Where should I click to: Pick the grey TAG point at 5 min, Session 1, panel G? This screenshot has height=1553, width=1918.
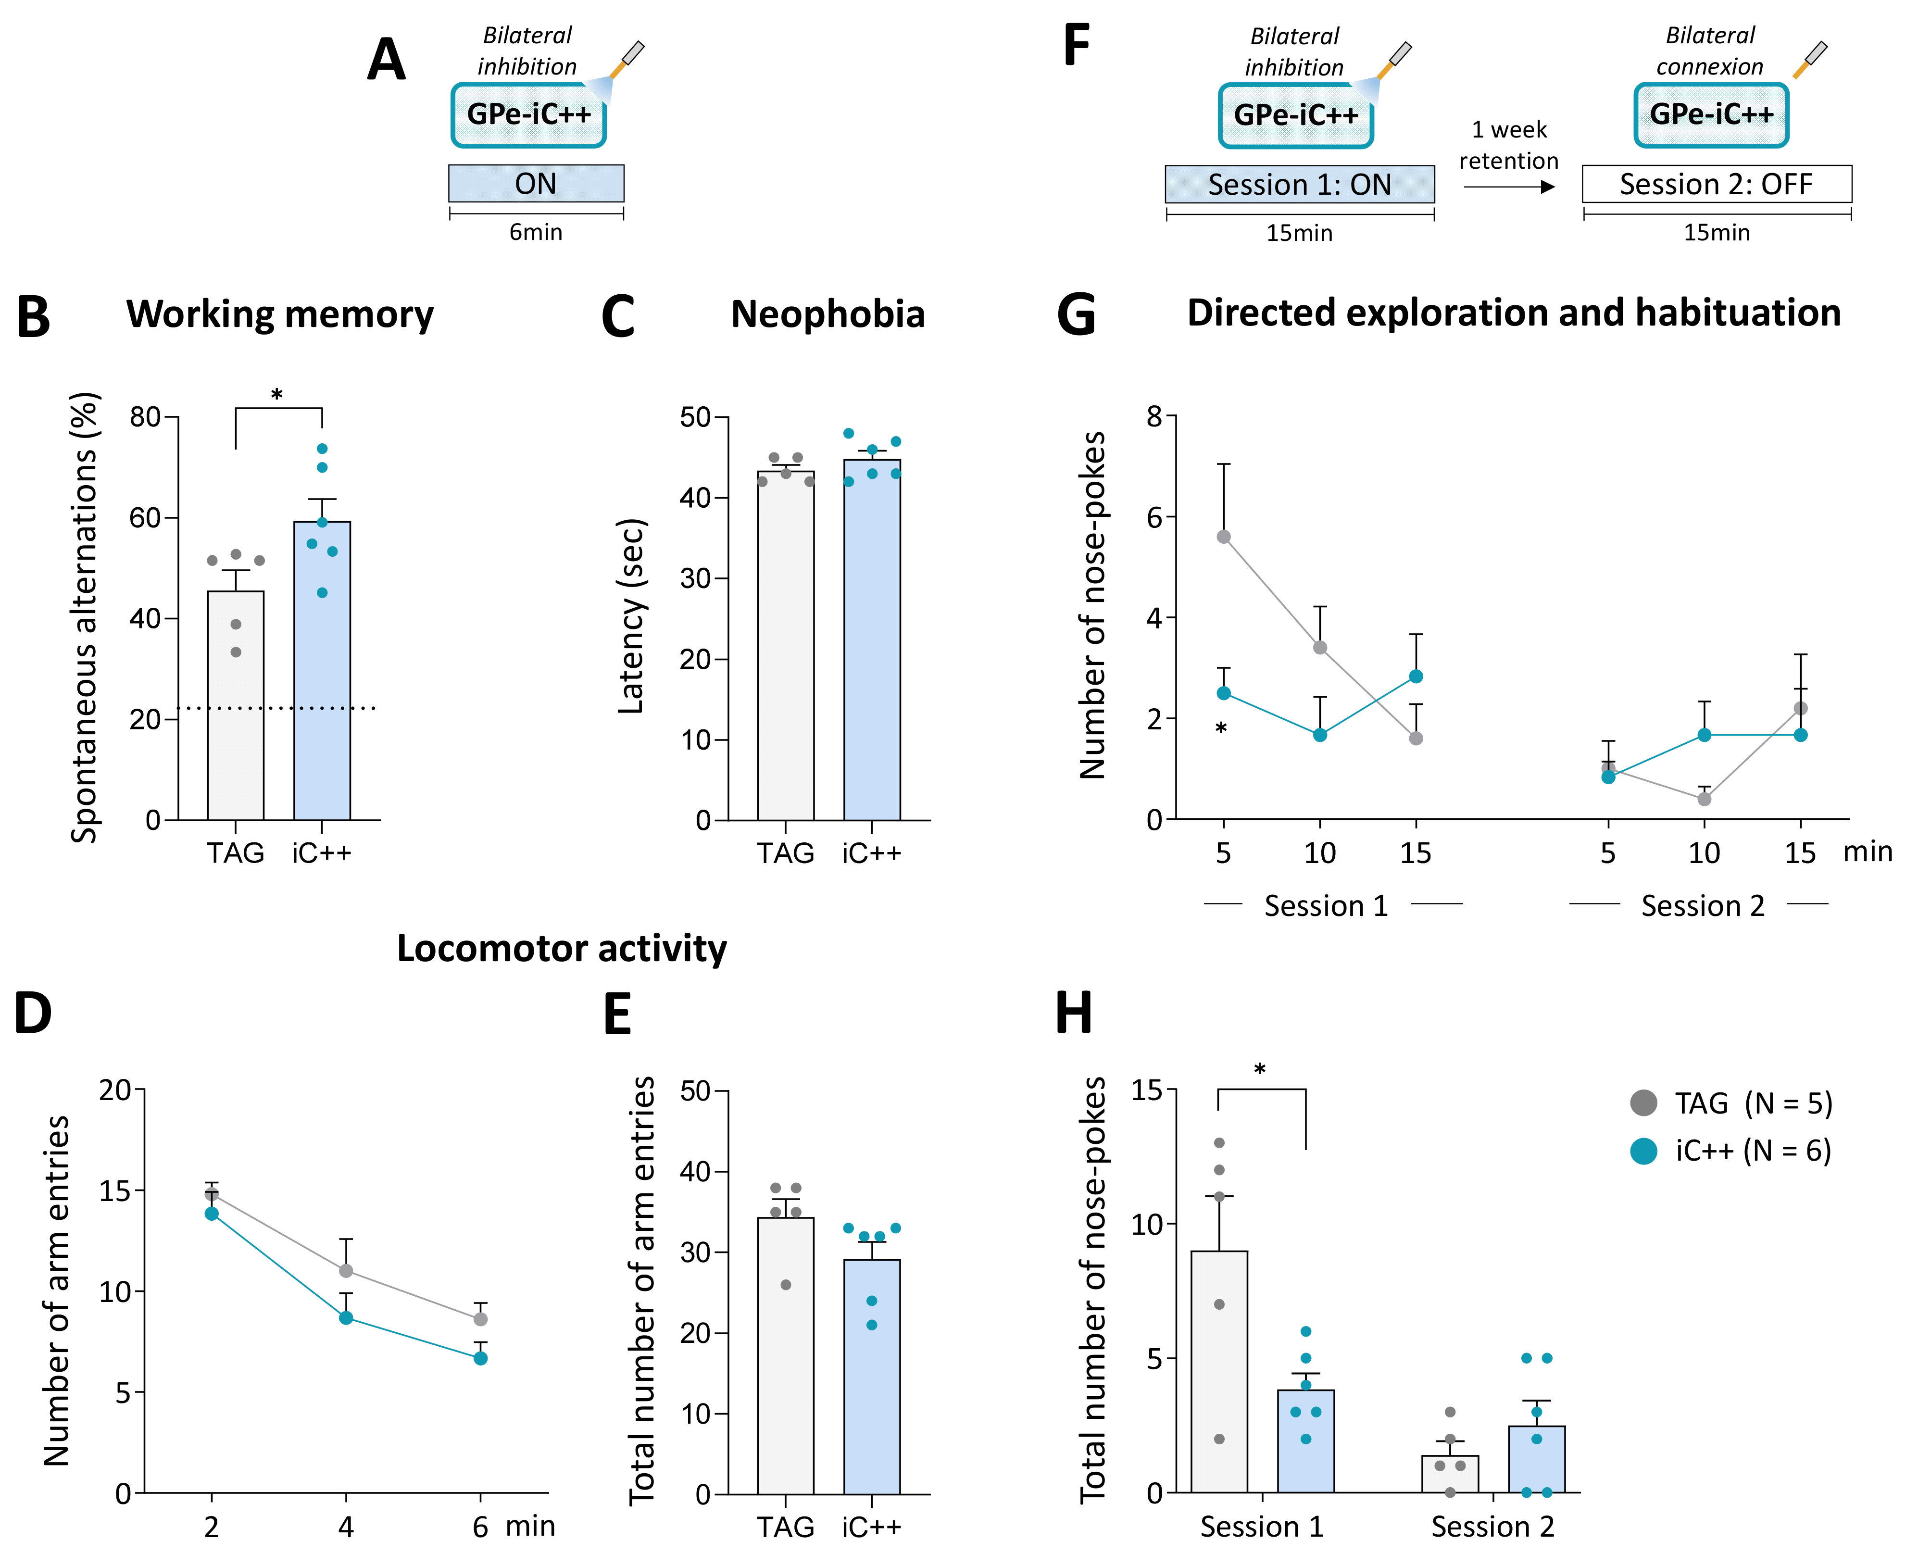[1223, 537]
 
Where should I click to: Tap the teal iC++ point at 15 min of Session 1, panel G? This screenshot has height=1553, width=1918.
[1415, 676]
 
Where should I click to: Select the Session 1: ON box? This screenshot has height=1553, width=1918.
[1299, 184]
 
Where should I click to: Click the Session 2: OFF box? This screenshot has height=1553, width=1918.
[1716, 184]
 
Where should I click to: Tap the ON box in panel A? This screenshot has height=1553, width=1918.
[536, 183]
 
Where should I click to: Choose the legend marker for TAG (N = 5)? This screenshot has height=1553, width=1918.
[1643, 1103]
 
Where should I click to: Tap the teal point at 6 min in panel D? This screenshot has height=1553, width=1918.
[480, 1358]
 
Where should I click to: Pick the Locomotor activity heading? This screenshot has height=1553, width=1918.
[562, 948]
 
